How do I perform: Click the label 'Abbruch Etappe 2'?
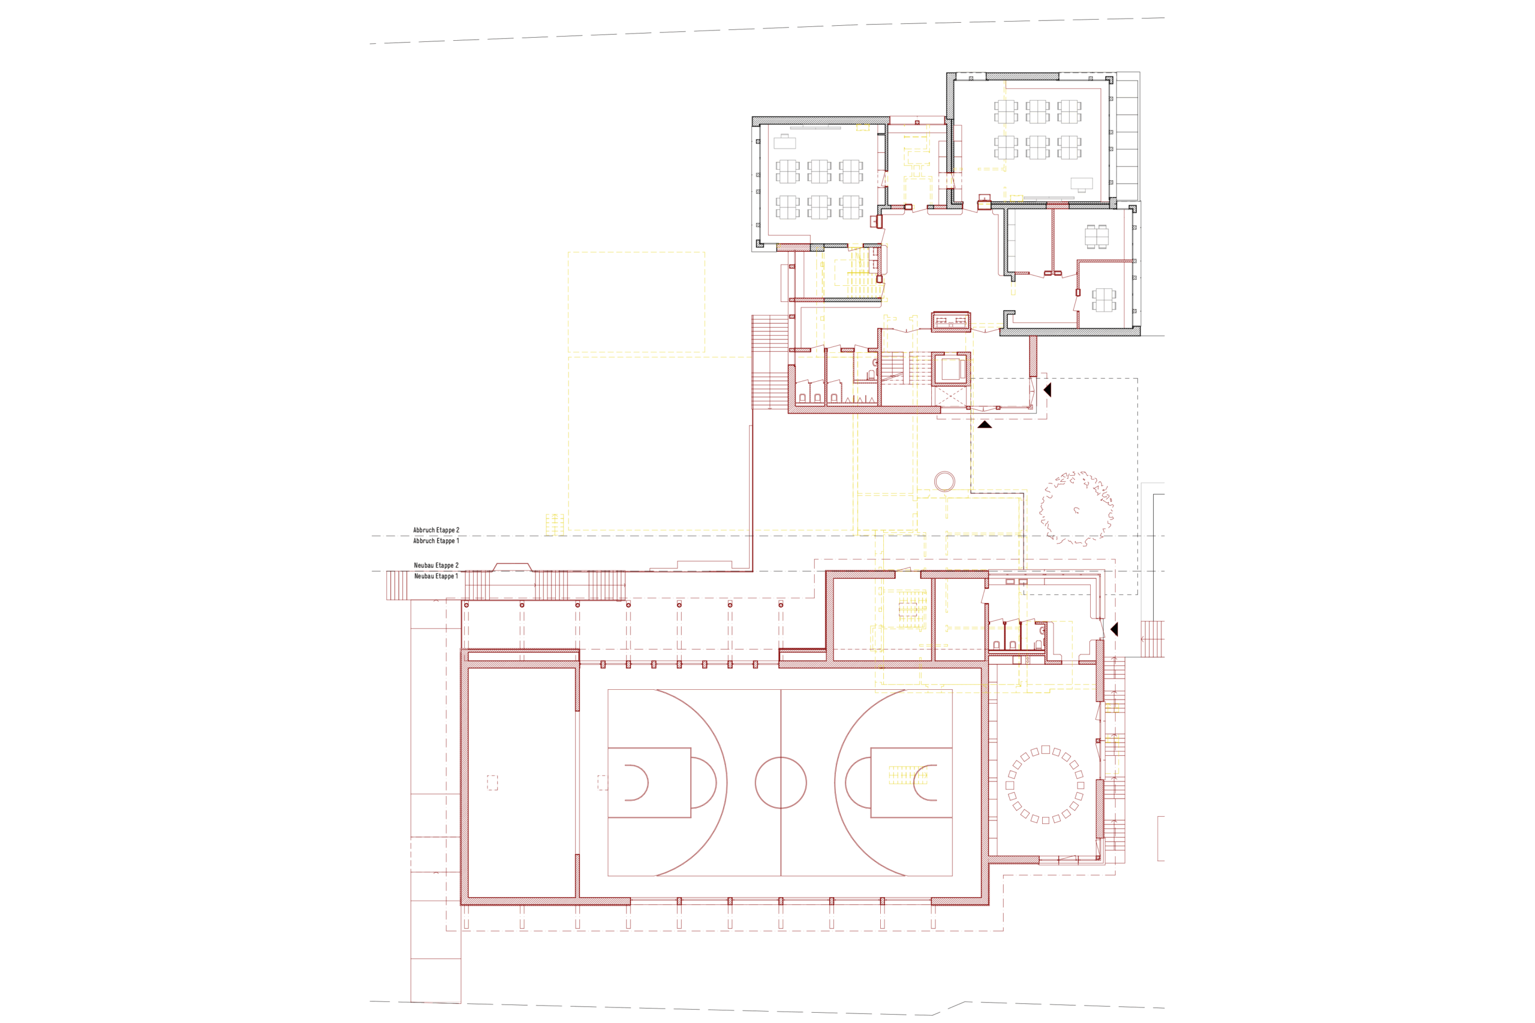pos(436,530)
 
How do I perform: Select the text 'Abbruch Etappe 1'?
pos(436,541)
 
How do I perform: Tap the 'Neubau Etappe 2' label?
pos(436,566)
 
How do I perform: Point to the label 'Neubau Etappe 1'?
pos(436,576)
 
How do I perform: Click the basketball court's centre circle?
pos(781,758)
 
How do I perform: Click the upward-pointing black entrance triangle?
pos(985,425)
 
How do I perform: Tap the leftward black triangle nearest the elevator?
pos(1048,390)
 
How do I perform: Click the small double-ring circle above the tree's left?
pos(944,472)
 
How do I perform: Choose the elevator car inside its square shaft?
pos(950,370)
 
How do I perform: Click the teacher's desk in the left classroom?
pos(784,141)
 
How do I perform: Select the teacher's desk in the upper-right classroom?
pos(1082,184)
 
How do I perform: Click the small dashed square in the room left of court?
pos(493,783)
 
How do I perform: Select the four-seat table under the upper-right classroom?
pos(1097,236)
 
